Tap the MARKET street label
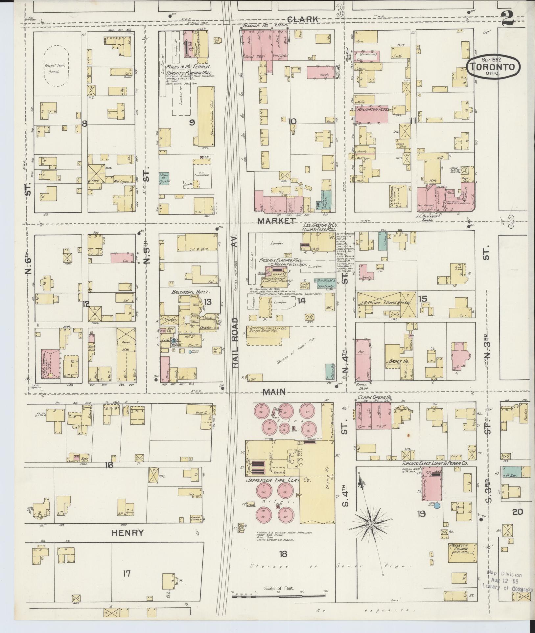coord(276,221)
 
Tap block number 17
coord(127,574)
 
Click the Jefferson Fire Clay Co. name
coord(278,480)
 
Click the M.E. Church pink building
coord(51,364)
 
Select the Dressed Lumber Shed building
coord(206,117)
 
